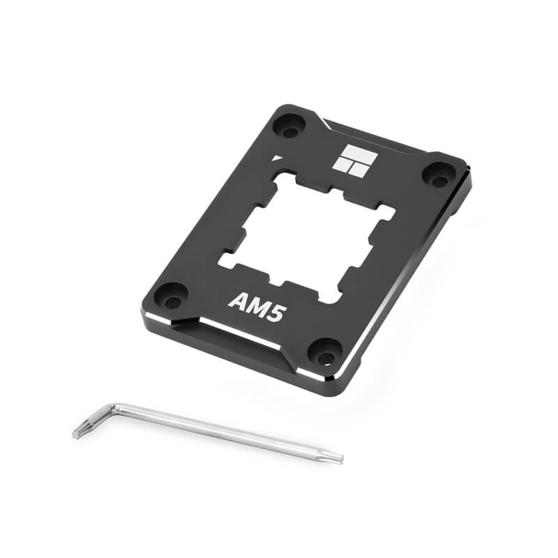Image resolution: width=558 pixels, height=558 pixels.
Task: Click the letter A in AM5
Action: point(236,305)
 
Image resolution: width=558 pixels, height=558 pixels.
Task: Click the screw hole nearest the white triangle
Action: point(287,128)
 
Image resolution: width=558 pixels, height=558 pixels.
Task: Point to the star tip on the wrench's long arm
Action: point(338,459)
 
